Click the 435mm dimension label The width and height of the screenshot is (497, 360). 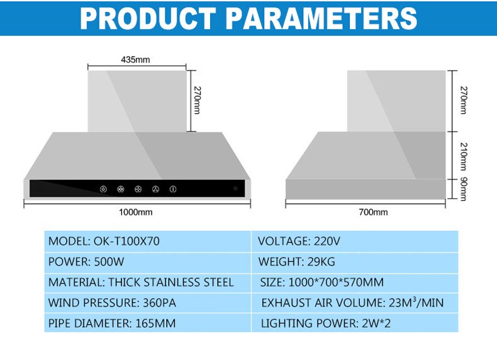135,60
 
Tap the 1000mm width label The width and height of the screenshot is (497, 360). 135,212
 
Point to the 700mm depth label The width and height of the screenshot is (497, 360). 373,212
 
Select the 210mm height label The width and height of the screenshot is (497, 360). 464,156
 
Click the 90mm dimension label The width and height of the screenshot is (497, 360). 464,189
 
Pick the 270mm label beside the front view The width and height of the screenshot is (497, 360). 197,100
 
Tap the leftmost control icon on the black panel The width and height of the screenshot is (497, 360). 103,189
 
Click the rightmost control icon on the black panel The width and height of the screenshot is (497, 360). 173,189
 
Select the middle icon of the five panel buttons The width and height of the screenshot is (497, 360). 138,189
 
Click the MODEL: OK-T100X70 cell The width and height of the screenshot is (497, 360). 147,242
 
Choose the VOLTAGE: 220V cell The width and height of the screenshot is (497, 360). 355,242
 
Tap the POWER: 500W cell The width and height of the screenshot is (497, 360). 147,262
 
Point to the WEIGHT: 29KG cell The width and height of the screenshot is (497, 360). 355,262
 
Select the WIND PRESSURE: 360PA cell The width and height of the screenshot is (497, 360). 147,303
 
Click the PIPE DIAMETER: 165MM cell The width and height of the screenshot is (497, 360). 147,323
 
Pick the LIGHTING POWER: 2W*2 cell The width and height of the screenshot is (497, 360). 355,323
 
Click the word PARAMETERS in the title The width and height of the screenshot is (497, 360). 321,18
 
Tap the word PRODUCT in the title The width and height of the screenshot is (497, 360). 148,18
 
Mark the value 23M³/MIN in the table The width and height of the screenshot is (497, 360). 416,302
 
